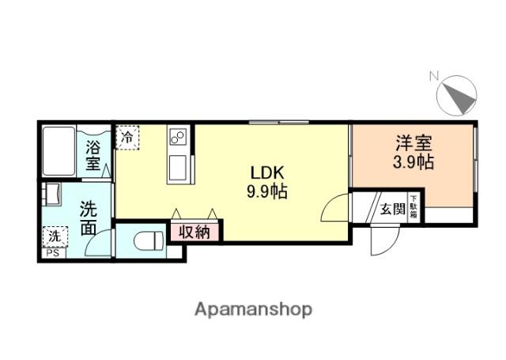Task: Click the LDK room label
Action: tap(262, 172)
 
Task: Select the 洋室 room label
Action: tap(413, 146)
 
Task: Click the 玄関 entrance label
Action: tap(392, 209)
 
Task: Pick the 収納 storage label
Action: tap(194, 232)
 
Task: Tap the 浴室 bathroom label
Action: tap(93, 155)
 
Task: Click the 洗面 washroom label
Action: tap(89, 218)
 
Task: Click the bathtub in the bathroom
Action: tap(60, 149)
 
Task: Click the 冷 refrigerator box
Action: tap(126, 136)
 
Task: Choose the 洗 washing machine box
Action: tap(55, 237)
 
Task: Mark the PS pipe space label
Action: tap(51, 253)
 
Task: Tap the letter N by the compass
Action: tap(433, 77)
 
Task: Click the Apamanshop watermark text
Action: tap(253, 308)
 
